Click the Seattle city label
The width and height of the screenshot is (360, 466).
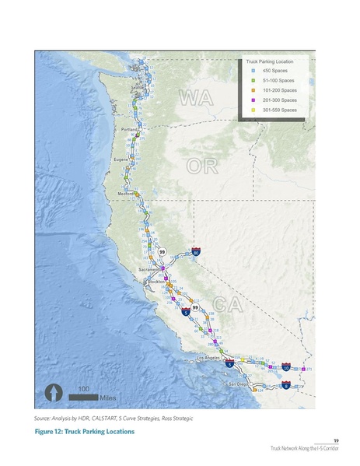pos(138,88)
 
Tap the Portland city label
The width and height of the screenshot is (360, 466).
pos(130,129)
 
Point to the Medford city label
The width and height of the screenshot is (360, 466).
pos(126,193)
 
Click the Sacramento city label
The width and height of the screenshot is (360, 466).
pos(149,268)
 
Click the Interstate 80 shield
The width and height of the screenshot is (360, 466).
pos(197,253)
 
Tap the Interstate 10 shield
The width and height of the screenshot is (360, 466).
pos(286,366)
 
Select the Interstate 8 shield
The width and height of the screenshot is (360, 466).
pos(286,385)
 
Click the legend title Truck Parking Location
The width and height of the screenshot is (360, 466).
pos(269,61)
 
